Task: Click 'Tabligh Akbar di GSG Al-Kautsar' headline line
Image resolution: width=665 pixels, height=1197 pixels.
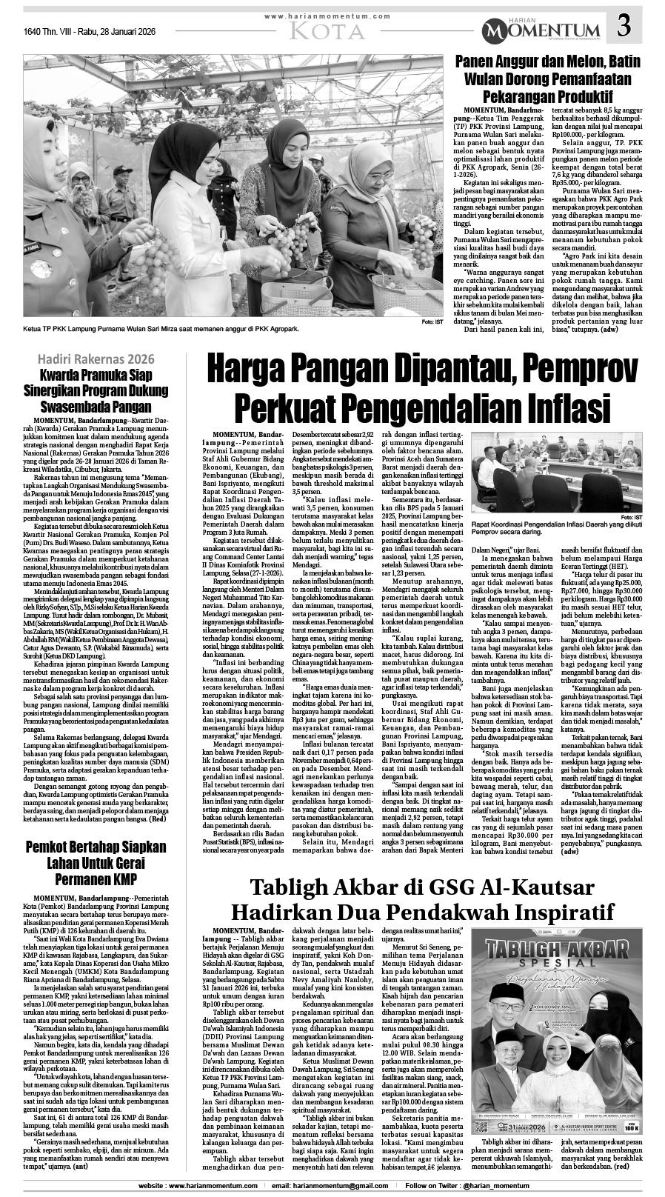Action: click(414, 885)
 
